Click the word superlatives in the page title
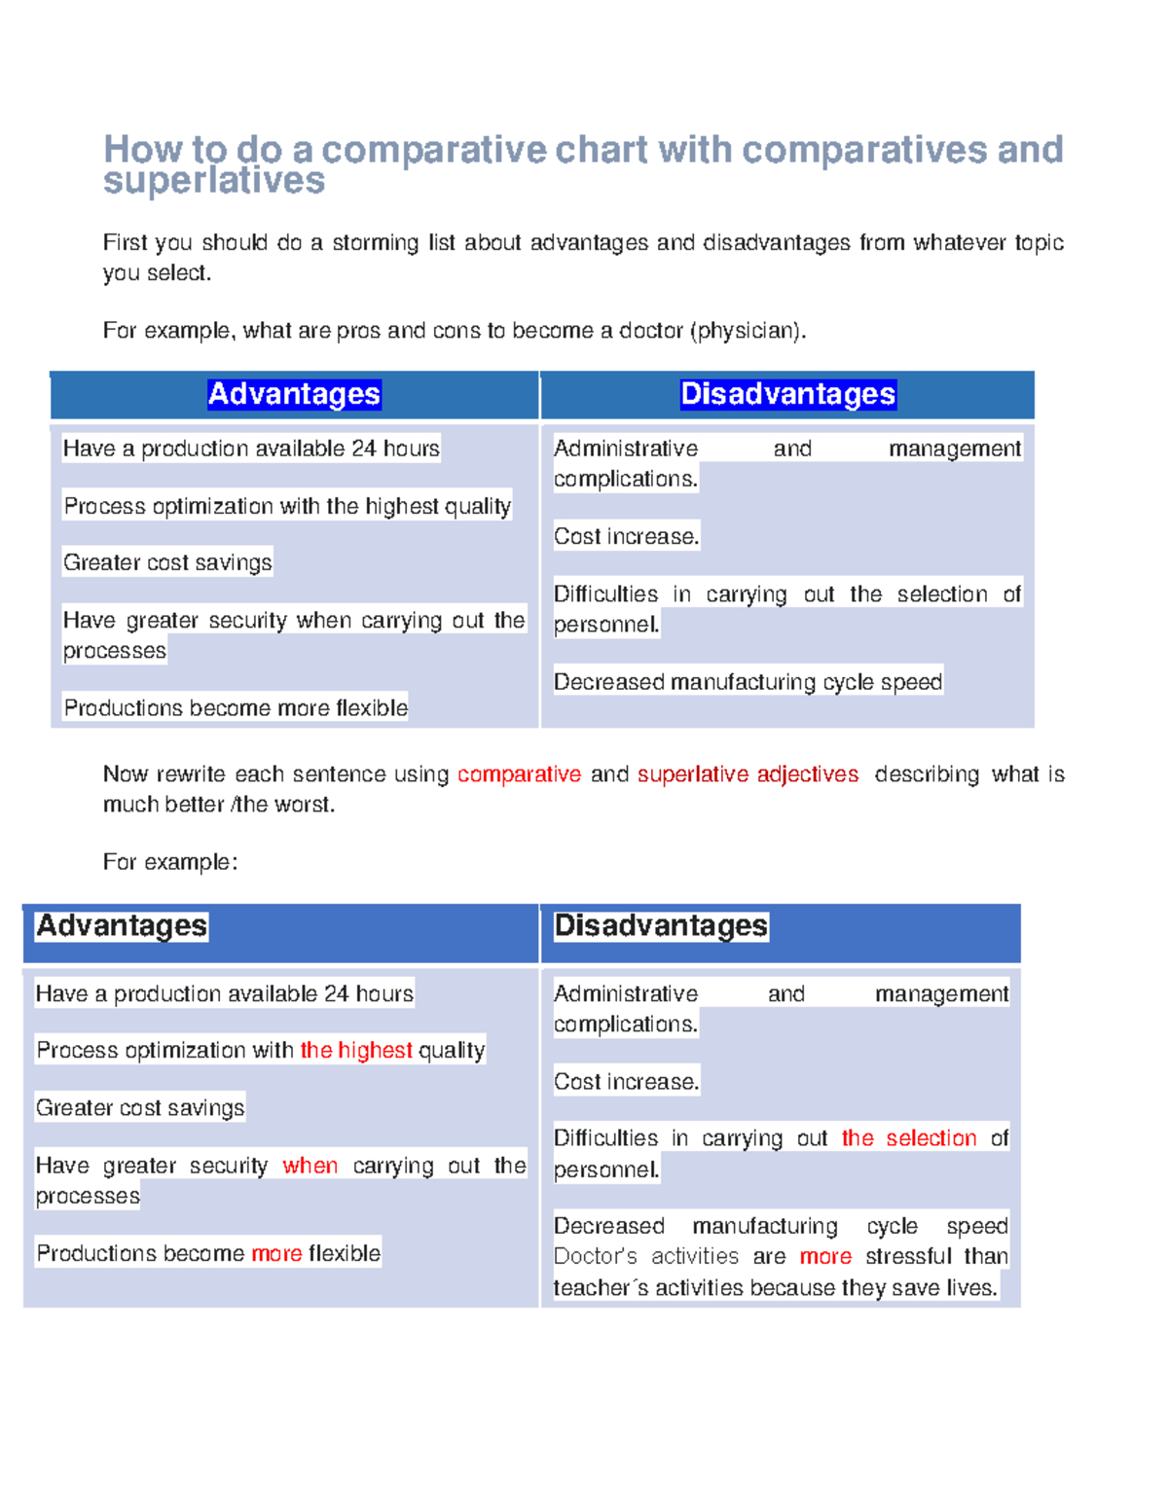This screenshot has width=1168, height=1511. point(214,181)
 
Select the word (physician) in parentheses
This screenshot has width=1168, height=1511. point(748,331)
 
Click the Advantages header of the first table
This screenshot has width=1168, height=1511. point(294,394)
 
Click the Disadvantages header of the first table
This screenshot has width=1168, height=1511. point(787,394)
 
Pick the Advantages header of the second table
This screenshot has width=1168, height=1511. point(122,925)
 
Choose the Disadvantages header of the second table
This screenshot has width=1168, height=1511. point(661,925)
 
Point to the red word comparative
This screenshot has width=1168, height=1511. point(519,774)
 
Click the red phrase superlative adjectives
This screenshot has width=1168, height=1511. point(748,774)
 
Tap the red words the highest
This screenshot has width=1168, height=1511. point(355,1050)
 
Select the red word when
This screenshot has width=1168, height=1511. point(310,1166)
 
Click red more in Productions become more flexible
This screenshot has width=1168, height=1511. point(276,1253)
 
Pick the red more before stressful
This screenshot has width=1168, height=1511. point(825,1256)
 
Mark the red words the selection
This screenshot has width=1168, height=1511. point(908,1138)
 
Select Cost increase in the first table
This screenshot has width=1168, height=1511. point(626,536)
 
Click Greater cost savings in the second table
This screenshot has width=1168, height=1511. point(140,1107)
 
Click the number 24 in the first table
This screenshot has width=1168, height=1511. point(363,449)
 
